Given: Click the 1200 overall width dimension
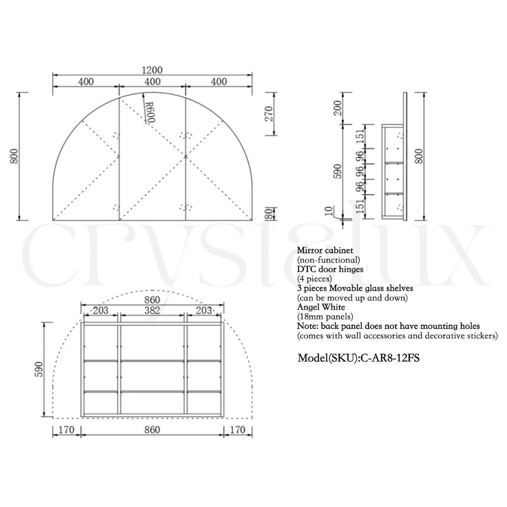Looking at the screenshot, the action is tap(152, 70).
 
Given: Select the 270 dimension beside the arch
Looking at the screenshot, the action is tap(269, 114).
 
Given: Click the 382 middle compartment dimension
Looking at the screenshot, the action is tap(152, 310).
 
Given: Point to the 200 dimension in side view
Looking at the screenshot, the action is tap(337, 108).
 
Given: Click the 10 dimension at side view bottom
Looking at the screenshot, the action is tap(329, 211).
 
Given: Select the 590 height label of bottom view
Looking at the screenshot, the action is tap(38, 369).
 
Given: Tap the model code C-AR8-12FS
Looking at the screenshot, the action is tap(390, 358).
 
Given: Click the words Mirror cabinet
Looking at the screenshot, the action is tap(325, 250).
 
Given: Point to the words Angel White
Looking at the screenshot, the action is tap(321, 307).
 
